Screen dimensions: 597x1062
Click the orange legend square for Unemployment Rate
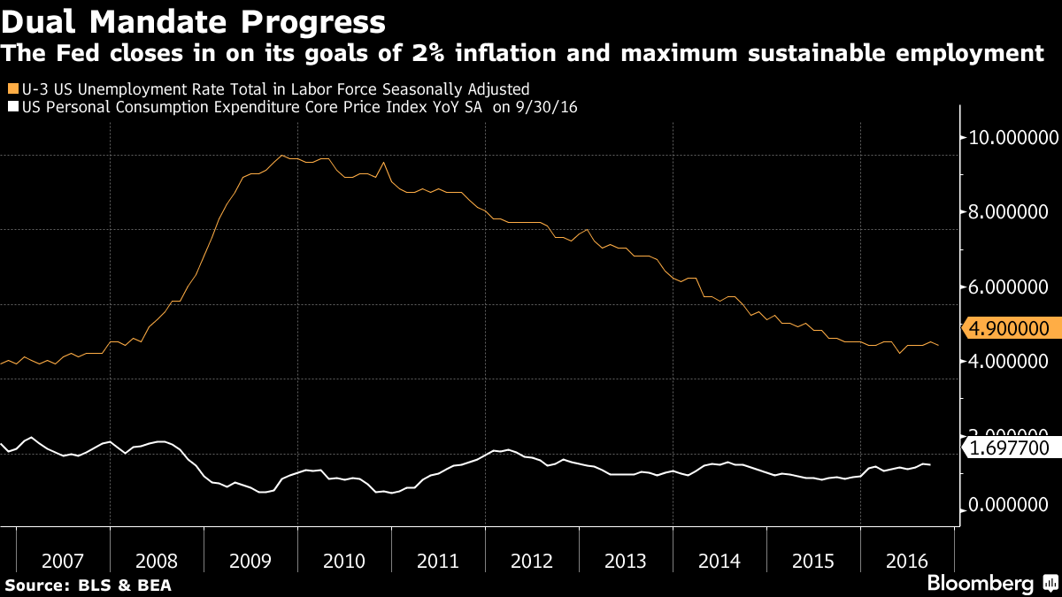click(x=11, y=88)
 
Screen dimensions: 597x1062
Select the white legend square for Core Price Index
click(x=11, y=107)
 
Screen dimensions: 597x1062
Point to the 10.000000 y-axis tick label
click(x=1010, y=138)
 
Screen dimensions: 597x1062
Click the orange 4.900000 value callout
click(x=1010, y=329)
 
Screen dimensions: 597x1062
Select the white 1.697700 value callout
click(x=1010, y=448)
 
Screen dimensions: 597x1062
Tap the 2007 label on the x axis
click(x=63, y=561)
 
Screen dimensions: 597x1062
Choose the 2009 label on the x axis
click(x=250, y=561)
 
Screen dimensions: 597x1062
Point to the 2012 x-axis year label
click(x=532, y=561)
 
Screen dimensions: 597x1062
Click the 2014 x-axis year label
click(x=720, y=561)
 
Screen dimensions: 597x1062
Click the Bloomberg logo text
click(x=980, y=584)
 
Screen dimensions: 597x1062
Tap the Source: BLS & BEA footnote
click(x=88, y=585)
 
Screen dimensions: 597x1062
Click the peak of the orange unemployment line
click(x=281, y=156)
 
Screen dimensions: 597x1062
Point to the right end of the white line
click(x=930, y=464)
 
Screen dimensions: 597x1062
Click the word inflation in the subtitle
click(x=658, y=54)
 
